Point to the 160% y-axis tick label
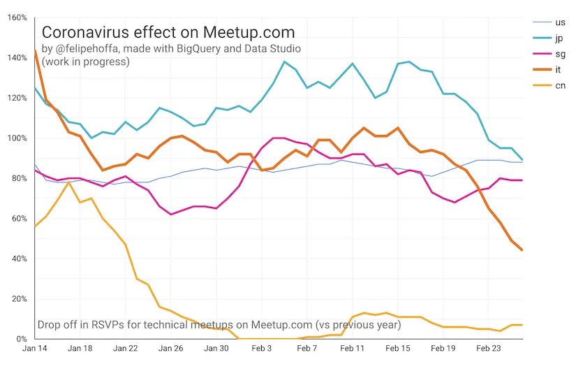[x=17, y=17]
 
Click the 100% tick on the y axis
[x=17, y=138]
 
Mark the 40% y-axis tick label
[x=18, y=259]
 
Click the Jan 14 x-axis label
[x=35, y=348]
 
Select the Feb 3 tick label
[x=263, y=348]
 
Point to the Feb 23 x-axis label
[x=489, y=348]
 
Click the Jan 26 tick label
[x=171, y=348]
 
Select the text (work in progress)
[x=85, y=61]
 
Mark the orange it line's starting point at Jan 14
[x=35, y=50]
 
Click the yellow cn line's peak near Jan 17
[x=68, y=182]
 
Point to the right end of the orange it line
[x=522, y=250]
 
